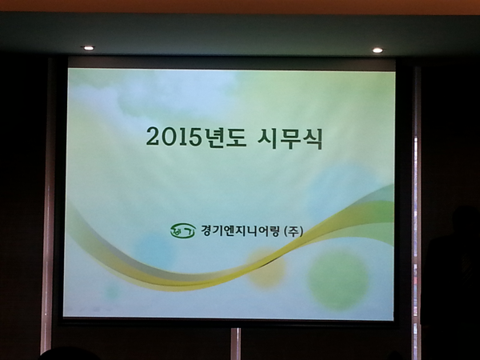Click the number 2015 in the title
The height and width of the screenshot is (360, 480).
tap(174, 137)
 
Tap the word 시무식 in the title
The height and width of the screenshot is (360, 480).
tap(290, 138)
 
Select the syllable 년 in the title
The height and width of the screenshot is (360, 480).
tap(213, 138)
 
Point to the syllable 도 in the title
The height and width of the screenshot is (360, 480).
tap(235, 138)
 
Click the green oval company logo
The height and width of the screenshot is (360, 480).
tap(183, 230)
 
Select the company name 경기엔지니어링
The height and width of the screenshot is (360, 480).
tap(240, 230)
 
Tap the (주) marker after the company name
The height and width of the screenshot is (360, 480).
tap(294, 230)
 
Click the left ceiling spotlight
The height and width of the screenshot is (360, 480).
tap(89, 48)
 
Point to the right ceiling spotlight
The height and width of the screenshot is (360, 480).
tap(378, 50)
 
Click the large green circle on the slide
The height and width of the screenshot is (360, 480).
tap(339, 279)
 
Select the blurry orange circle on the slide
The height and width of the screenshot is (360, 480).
tap(266, 267)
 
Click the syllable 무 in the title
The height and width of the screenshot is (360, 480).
tap(290, 138)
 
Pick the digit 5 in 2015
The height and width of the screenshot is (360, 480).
tap(194, 137)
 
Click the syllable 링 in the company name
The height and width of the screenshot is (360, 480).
tap(274, 231)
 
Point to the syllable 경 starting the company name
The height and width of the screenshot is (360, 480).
tap(206, 230)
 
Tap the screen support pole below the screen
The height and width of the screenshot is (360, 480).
tap(236, 344)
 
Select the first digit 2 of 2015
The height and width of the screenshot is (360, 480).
tap(153, 137)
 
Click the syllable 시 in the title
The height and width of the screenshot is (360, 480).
tap(267, 138)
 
